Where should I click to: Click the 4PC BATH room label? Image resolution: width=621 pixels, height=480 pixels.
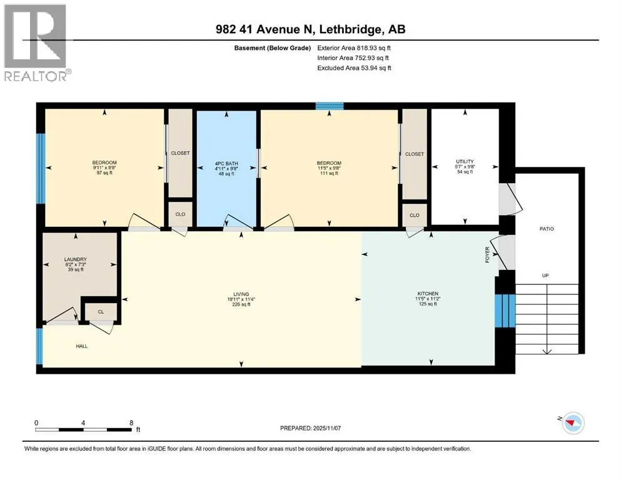click(x=226, y=163)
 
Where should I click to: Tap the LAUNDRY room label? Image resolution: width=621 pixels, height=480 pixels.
click(x=75, y=259)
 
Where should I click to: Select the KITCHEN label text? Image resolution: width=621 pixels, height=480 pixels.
click(x=428, y=294)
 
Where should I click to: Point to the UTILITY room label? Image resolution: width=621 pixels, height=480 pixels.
click(x=465, y=161)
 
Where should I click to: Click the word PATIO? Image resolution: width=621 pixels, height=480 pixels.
click(x=547, y=229)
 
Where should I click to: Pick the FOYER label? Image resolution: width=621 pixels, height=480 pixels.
click(x=488, y=254)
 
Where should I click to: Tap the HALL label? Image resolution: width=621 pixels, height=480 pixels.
click(x=82, y=346)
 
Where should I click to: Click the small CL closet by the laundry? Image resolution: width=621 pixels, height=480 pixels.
click(x=101, y=312)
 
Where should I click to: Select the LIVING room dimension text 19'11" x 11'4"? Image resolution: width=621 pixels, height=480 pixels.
click(x=241, y=299)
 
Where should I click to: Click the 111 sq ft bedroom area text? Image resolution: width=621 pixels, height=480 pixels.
click(x=329, y=173)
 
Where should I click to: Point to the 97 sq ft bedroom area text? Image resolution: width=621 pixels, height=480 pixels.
click(x=104, y=172)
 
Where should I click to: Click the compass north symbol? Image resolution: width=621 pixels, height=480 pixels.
click(x=572, y=422)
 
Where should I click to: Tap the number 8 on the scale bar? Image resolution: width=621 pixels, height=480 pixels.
click(x=131, y=422)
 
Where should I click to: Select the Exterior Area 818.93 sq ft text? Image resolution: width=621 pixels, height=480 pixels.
click(x=354, y=48)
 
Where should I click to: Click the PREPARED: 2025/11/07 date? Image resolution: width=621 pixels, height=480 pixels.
click(x=310, y=428)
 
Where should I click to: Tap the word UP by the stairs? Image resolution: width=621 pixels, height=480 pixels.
click(x=545, y=276)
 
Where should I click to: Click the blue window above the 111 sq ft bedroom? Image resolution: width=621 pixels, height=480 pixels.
click(x=330, y=106)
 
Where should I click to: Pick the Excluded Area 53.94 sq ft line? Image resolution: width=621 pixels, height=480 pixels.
click(x=354, y=67)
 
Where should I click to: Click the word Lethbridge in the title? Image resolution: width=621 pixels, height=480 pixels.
click(x=351, y=29)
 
